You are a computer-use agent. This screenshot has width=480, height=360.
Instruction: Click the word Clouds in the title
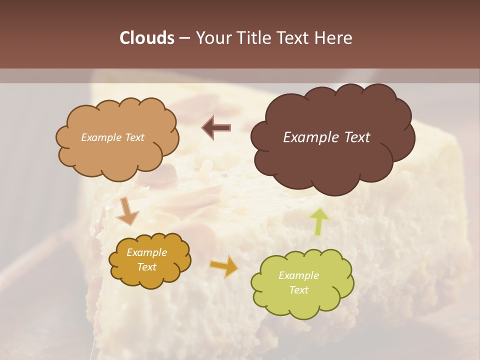[146, 38]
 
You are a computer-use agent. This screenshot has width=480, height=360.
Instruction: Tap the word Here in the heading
[334, 38]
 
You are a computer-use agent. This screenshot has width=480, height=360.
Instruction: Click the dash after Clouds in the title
[184, 38]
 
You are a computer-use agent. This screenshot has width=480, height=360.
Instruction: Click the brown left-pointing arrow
[216, 128]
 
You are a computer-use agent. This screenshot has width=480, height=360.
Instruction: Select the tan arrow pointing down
[128, 210]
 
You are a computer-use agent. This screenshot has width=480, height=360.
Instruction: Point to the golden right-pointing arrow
[224, 266]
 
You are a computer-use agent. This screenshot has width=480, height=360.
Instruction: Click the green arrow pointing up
[319, 220]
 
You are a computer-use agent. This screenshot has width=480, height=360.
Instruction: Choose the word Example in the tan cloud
[100, 137]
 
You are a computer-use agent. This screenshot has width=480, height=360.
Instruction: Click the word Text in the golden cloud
[146, 267]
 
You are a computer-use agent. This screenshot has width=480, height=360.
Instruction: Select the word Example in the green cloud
[298, 275]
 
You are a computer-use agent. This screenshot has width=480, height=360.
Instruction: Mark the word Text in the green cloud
[298, 290]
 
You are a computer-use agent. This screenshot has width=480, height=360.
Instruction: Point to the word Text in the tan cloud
[133, 137]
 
